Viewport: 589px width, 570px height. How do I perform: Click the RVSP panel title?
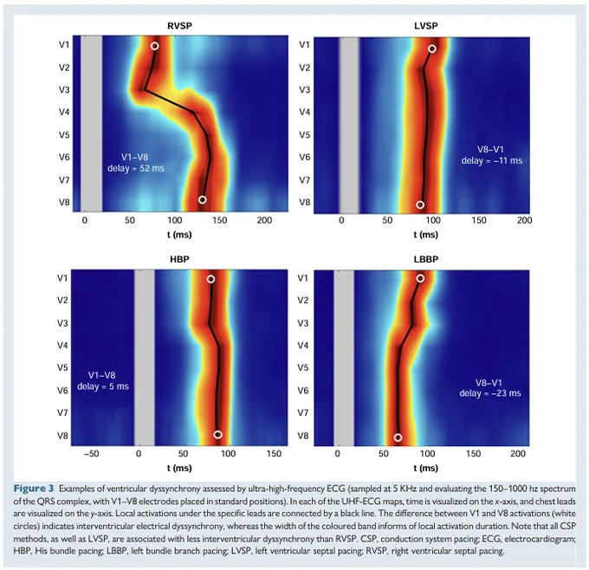pos(179,26)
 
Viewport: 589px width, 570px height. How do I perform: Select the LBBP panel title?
pos(425,259)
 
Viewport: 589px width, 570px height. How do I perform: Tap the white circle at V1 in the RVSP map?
pos(154,46)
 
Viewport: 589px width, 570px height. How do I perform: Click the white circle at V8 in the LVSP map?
pos(420,204)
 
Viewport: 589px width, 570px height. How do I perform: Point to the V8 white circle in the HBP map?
pos(218,435)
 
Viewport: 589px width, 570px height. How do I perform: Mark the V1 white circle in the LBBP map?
pos(420,278)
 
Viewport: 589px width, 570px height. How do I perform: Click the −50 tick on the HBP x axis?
pos(91,454)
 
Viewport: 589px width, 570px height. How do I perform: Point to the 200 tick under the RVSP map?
pos(264,220)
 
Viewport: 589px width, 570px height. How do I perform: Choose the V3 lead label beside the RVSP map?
pos(64,90)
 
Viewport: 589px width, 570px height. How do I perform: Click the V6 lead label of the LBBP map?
pos(303,391)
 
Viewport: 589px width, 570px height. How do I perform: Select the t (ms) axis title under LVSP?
pos(425,235)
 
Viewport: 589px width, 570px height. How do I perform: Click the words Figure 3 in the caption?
pos(34,489)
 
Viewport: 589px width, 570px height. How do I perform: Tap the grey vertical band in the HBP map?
pos(145,358)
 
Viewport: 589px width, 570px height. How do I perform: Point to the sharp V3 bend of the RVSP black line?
pos(145,90)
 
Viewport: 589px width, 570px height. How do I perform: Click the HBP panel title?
pos(179,259)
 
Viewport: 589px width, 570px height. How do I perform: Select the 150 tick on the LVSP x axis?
pos(478,220)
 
